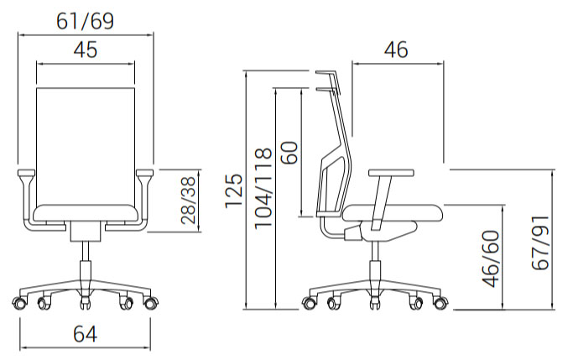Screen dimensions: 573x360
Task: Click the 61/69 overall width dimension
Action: tap(85, 22)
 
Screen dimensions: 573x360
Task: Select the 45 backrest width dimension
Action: tap(86, 50)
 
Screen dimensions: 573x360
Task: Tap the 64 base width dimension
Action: tap(85, 334)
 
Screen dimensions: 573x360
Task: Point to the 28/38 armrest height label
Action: tap(189, 201)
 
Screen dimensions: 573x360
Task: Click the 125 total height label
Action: tap(234, 190)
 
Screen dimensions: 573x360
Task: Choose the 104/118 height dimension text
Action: tap(263, 189)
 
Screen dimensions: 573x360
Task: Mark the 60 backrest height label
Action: tap(289, 152)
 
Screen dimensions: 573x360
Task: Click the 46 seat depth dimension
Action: tap(396, 50)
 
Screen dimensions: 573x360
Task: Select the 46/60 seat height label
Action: tap(491, 258)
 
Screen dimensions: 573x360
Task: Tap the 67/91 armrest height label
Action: tap(540, 243)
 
